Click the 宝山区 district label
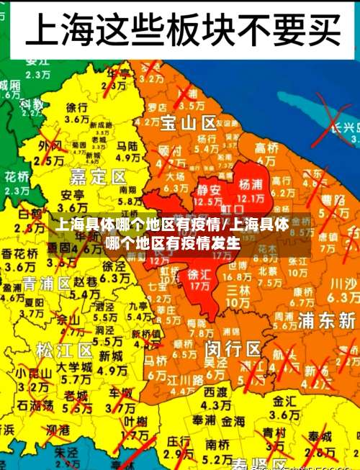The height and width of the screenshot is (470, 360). pos(189,122)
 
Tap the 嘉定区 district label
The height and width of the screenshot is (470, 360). pos(98,176)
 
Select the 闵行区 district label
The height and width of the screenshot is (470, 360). pos(233,349)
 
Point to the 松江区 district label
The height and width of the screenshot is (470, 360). pos(64,351)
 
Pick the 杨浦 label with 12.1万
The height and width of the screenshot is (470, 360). pos(251,184)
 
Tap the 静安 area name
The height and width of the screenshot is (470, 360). pos(209,189)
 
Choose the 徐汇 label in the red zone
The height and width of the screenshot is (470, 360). pos(199,274)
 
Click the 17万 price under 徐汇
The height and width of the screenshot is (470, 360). pos(200,286)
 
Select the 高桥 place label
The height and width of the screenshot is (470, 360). pos(266,147)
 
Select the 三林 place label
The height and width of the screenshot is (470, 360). pos(238,289)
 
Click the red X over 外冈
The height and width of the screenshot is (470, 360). pos(50,144)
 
